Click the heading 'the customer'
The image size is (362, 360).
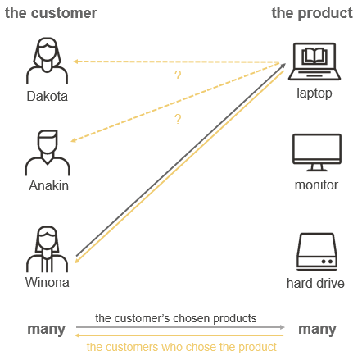click(x=51, y=13)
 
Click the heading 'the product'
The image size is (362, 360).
click(x=314, y=13)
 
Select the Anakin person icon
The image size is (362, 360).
click(x=47, y=151)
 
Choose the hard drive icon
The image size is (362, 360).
click(x=316, y=250)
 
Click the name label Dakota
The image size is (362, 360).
click(x=47, y=96)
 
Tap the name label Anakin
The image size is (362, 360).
click(x=48, y=185)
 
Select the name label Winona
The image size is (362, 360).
click(x=48, y=283)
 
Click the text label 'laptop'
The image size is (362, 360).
click(x=314, y=93)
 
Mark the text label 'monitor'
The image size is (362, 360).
click(x=316, y=185)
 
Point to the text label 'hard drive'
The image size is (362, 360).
click(x=315, y=284)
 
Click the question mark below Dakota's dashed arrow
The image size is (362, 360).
click(x=177, y=76)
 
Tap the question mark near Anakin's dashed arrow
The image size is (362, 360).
click(x=177, y=120)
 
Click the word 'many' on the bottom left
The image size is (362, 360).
click(x=46, y=330)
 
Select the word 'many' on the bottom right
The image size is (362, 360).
click(x=317, y=330)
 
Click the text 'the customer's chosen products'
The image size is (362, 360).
click(x=176, y=317)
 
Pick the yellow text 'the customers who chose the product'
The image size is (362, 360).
click(x=181, y=347)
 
